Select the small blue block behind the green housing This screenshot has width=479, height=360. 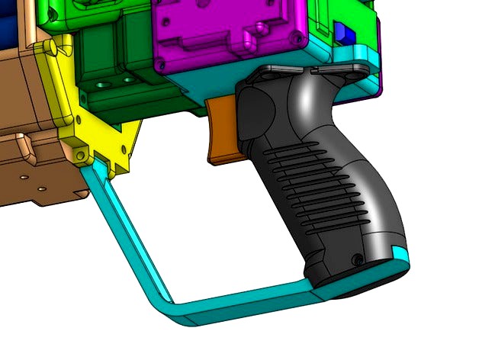342,34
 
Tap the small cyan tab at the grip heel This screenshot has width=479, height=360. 399,251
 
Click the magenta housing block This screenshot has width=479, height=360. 229,34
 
